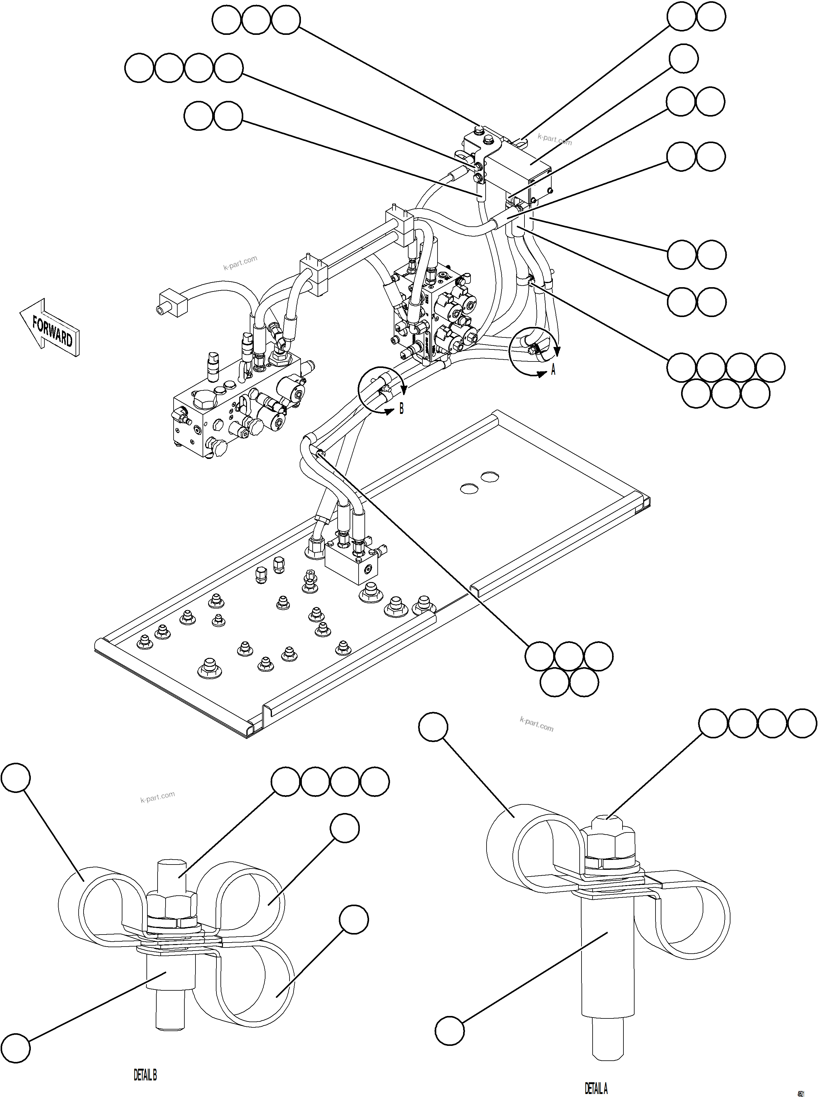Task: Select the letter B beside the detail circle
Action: pyautogui.click(x=401, y=409)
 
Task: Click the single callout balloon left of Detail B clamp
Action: pyautogui.click(x=16, y=778)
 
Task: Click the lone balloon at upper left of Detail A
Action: pyautogui.click(x=433, y=727)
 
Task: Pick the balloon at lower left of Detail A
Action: pyautogui.click(x=450, y=1031)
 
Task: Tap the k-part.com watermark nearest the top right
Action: pyautogui.click(x=555, y=140)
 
